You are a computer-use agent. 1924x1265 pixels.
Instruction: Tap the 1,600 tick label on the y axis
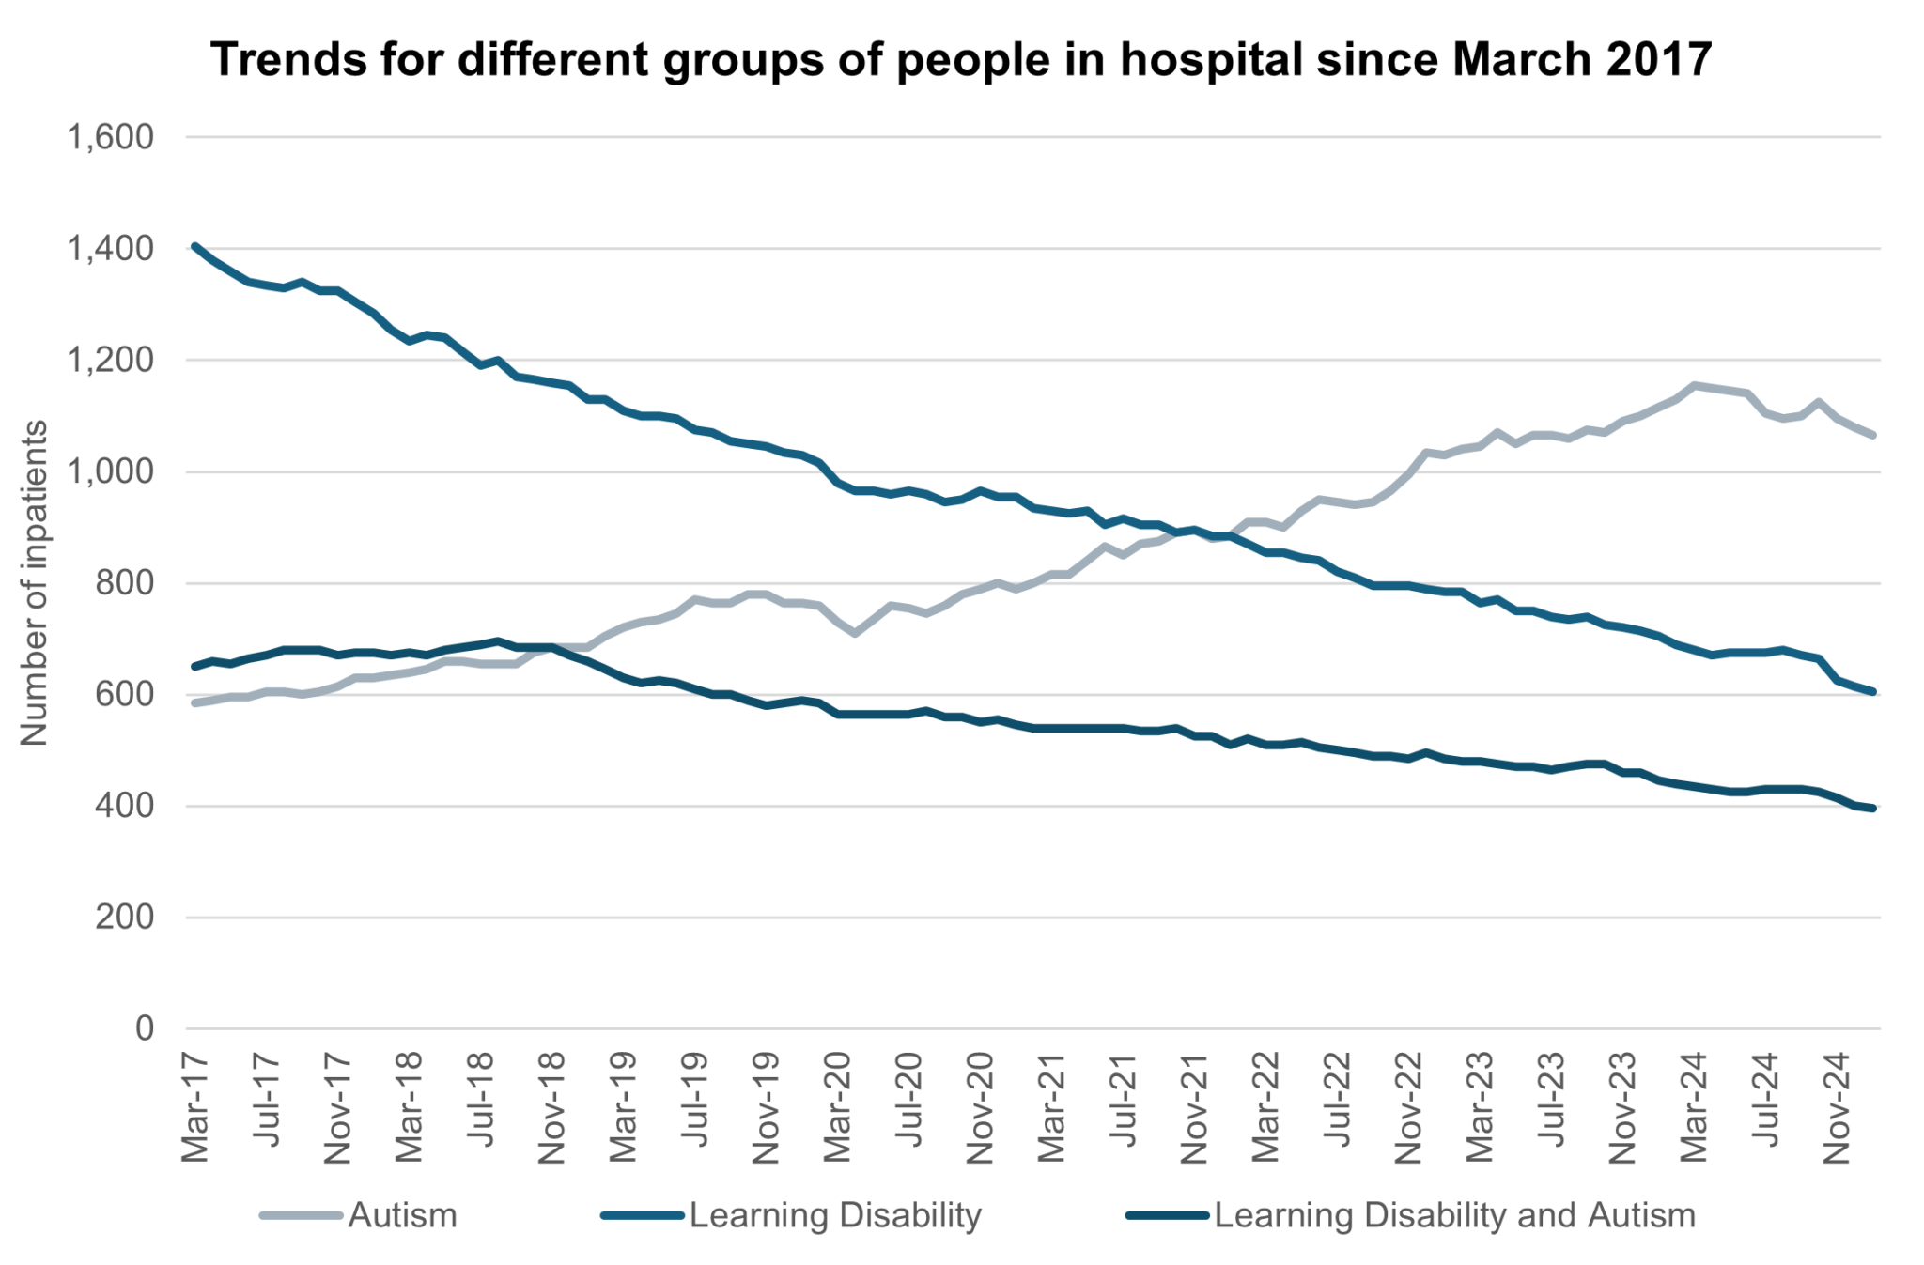click(x=110, y=137)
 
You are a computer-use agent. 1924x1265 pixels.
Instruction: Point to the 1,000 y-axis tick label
click(x=110, y=471)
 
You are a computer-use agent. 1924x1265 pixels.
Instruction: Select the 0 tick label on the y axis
click(x=144, y=1028)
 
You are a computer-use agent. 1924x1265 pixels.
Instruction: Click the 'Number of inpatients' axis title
click(x=34, y=582)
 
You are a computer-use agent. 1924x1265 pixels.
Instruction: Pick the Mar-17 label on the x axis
click(x=194, y=1108)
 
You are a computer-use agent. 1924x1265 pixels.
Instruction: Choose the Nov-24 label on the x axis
click(x=1837, y=1108)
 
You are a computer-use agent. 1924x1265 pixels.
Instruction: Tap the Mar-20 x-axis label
click(x=837, y=1108)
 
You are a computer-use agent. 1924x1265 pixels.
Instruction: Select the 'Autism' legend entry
click(x=402, y=1215)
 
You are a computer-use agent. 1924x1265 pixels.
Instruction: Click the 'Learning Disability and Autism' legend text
click(x=1454, y=1215)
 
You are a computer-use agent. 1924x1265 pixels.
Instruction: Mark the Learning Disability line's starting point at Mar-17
click(x=194, y=246)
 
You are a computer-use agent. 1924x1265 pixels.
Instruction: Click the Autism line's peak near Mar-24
click(x=1694, y=385)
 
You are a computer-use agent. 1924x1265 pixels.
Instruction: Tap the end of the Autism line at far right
click(x=1873, y=435)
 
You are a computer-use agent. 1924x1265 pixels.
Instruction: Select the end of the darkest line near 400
click(x=1873, y=808)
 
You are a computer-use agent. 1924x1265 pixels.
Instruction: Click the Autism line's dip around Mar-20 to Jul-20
click(x=855, y=634)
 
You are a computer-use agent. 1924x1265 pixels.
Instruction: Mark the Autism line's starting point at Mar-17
click(x=194, y=702)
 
